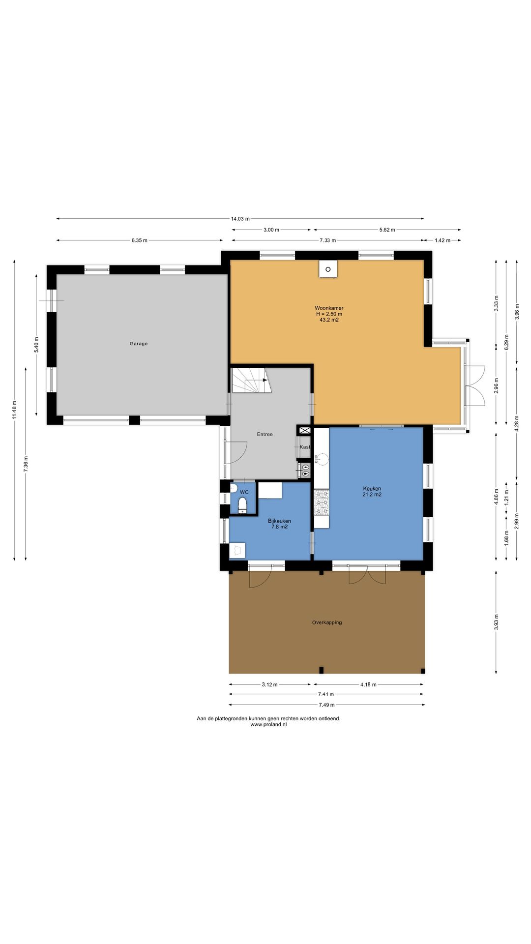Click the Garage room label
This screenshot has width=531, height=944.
[x=139, y=344]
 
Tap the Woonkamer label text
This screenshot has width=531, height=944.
[x=329, y=308]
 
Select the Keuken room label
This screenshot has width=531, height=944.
[x=372, y=489]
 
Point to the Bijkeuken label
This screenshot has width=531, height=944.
[x=279, y=521]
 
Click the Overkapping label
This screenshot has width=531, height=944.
[x=327, y=622]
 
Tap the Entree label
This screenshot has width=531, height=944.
[x=265, y=434]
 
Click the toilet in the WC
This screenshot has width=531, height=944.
[x=242, y=505]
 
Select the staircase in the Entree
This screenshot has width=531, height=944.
[x=252, y=380]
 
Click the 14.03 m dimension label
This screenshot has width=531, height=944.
[x=240, y=219]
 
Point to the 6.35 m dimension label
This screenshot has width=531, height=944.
[x=139, y=240]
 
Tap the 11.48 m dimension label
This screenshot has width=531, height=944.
[x=15, y=410]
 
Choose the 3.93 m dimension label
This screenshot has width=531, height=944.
[x=496, y=622]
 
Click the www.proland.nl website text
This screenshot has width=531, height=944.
[x=268, y=724]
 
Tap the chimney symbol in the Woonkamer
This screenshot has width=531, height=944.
[x=328, y=269]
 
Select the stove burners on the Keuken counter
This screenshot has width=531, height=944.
[x=322, y=503]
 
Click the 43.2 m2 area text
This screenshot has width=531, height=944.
[x=329, y=320]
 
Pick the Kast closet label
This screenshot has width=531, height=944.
[x=305, y=447]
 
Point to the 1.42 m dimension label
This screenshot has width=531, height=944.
[x=442, y=240]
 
